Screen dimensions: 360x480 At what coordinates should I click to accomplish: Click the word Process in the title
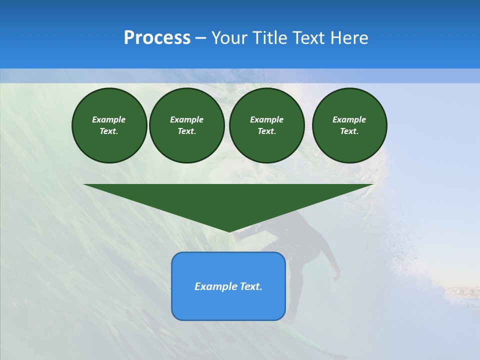(157, 38)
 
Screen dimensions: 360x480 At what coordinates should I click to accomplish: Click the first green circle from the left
(109, 125)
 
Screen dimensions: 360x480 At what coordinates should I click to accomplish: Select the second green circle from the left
(186, 125)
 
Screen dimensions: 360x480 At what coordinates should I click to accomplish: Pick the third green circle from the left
(266, 125)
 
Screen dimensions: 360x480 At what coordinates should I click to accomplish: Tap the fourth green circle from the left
(349, 125)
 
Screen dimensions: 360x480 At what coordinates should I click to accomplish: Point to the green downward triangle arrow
(228, 200)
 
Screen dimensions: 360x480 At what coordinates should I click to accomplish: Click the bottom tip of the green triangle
(229, 231)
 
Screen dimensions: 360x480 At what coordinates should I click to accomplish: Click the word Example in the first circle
(109, 119)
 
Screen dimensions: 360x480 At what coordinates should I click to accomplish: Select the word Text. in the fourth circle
(349, 131)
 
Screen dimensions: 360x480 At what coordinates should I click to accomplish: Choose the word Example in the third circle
(266, 119)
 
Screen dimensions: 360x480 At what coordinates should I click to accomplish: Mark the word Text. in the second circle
(186, 131)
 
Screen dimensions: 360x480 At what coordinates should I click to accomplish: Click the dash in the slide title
(200, 38)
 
